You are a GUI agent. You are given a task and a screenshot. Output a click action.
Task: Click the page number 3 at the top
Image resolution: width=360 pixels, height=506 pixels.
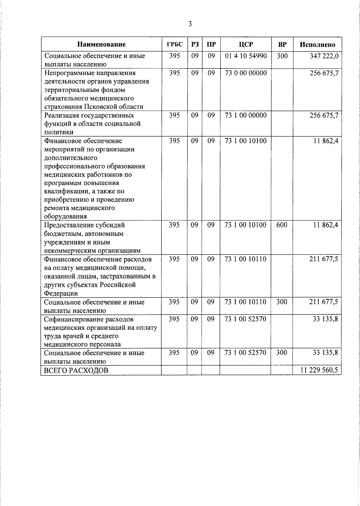(x=190, y=24)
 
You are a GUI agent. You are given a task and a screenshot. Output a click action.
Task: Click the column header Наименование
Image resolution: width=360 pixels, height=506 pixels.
(x=101, y=44)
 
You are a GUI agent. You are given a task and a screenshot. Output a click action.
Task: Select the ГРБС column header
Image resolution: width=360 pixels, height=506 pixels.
(x=174, y=44)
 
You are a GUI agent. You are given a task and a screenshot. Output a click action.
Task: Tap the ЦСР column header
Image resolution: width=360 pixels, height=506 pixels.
(x=246, y=44)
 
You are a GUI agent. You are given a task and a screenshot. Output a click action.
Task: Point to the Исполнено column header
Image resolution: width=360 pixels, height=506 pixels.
(x=317, y=44)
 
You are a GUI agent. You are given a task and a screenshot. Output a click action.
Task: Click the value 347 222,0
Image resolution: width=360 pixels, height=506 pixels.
(x=324, y=56)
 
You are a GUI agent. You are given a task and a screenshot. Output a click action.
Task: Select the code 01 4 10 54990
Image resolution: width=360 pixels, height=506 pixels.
(x=246, y=56)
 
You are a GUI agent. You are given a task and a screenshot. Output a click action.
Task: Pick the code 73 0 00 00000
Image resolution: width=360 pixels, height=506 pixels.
(x=246, y=73)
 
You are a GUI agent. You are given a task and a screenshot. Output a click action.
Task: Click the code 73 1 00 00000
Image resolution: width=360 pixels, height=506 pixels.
(x=246, y=115)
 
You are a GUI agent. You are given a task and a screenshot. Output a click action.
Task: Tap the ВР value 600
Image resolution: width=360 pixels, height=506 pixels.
(x=282, y=225)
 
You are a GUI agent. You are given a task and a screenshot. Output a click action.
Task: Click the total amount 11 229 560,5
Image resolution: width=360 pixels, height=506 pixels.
(x=319, y=370)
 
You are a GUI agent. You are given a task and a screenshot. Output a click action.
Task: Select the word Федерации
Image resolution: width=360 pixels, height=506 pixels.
(x=61, y=293)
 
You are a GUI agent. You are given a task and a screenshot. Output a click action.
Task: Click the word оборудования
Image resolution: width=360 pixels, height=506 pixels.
(x=65, y=216)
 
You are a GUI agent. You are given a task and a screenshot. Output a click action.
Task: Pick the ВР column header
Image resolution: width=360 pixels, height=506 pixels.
(x=282, y=44)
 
